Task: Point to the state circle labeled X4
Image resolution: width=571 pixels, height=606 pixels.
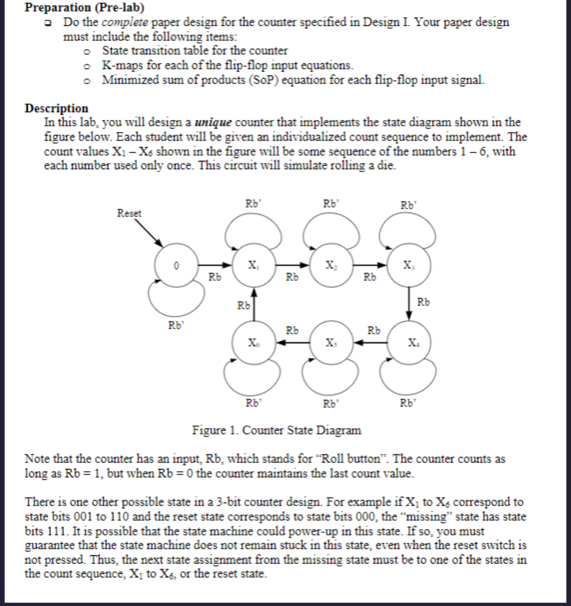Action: click(x=408, y=343)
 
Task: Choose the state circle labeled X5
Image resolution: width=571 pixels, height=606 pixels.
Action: click(x=330, y=343)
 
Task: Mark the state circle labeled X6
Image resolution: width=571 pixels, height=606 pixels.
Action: click(x=253, y=343)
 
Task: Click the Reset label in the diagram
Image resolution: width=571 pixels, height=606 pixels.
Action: click(x=129, y=213)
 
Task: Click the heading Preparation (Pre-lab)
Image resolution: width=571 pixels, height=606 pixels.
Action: click(x=84, y=7)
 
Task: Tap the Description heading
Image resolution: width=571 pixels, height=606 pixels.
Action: click(x=57, y=108)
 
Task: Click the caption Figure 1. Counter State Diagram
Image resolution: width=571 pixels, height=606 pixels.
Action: click(x=277, y=430)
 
